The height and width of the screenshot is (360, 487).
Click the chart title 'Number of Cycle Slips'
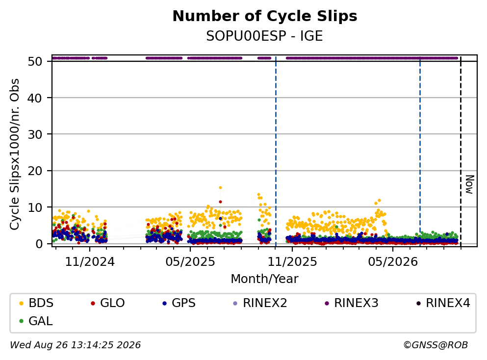click(x=265, y=16)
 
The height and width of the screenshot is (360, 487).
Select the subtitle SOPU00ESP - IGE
click(x=265, y=36)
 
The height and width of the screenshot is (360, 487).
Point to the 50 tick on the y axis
click(x=35, y=61)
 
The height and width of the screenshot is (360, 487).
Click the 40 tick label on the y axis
click(x=35, y=98)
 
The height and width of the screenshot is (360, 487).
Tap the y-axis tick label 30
click(x=35, y=134)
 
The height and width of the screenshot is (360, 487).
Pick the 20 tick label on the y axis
click(x=35, y=171)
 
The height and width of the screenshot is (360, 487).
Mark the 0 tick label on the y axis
click(x=39, y=244)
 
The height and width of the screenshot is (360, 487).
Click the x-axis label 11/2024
click(x=90, y=262)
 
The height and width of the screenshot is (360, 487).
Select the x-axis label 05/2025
click(x=190, y=262)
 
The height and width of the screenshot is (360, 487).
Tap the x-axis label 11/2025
click(x=292, y=262)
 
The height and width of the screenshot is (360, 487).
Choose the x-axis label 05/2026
click(x=393, y=262)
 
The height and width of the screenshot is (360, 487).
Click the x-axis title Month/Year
click(x=265, y=279)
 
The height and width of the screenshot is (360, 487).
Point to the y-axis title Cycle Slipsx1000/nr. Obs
click(x=15, y=154)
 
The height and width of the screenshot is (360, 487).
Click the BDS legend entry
click(x=36, y=303)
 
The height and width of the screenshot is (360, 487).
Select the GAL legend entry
click(x=36, y=321)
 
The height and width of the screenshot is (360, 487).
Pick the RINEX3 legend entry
click(x=352, y=303)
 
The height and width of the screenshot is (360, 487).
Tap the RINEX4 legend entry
click(x=443, y=303)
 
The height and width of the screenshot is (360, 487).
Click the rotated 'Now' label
click(x=470, y=184)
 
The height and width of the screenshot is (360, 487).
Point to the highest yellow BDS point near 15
click(x=220, y=188)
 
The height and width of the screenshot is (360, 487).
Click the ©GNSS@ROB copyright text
click(x=436, y=345)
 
